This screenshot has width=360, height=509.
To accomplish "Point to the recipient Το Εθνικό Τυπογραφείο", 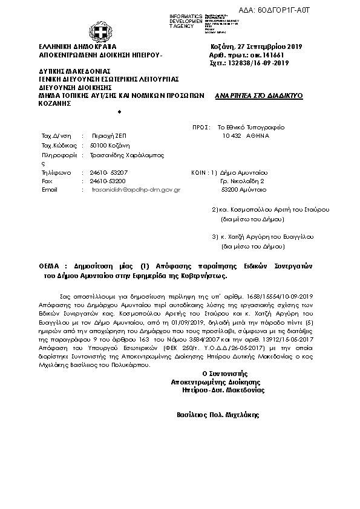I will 250,128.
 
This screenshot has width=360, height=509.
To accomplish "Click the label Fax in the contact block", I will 46,181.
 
